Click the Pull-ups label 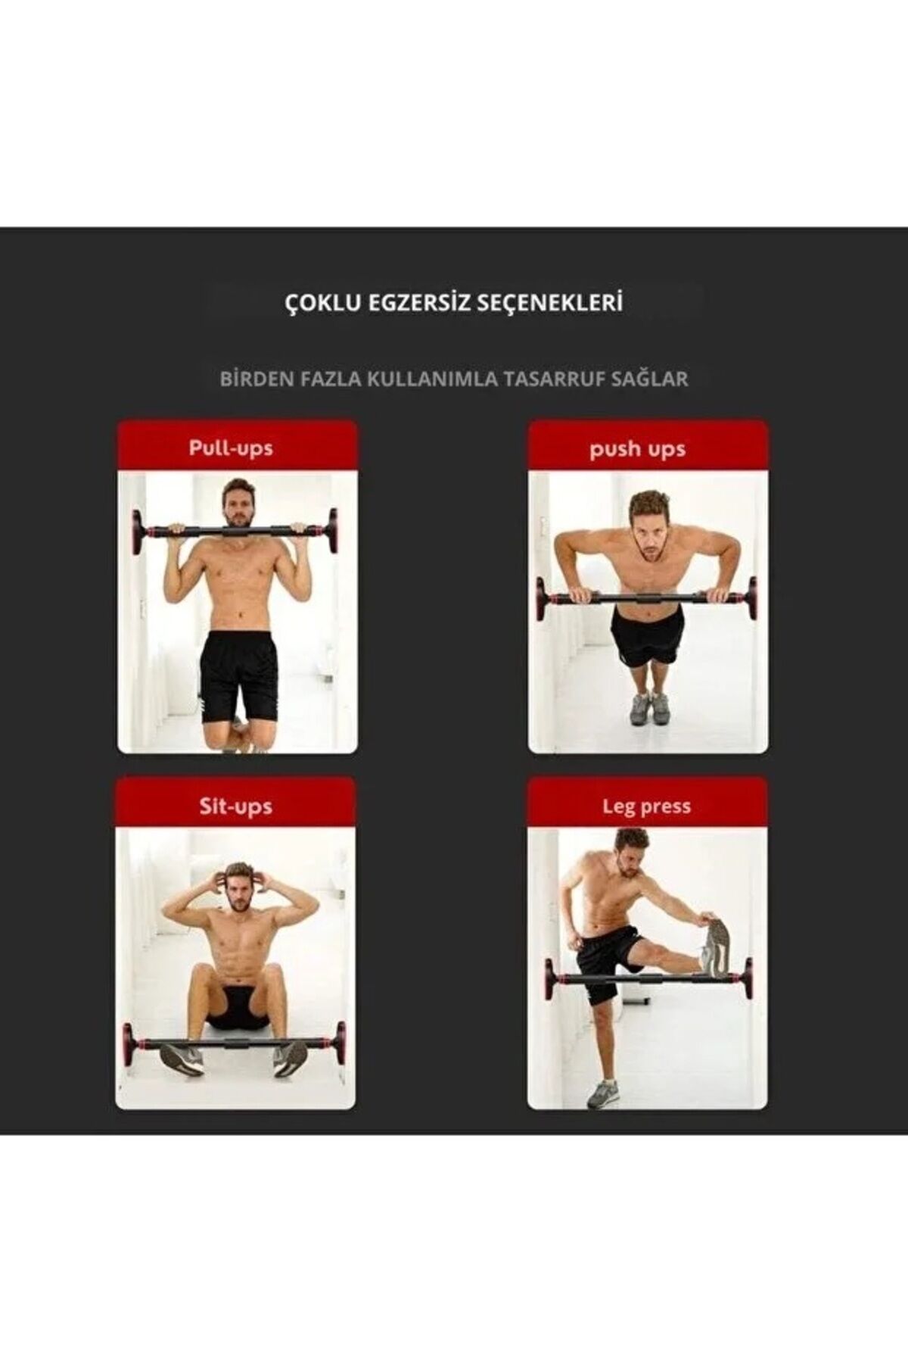[x=231, y=448]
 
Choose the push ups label [x=637, y=449]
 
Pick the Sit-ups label [x=235, y=806]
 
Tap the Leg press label [x=646, y=806]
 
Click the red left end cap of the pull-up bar [x=138, y=531]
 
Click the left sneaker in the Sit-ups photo [x=181, y=1058]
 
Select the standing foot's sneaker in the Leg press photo [x=603, y=1093]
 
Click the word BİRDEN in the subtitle [x=255, y=379]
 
